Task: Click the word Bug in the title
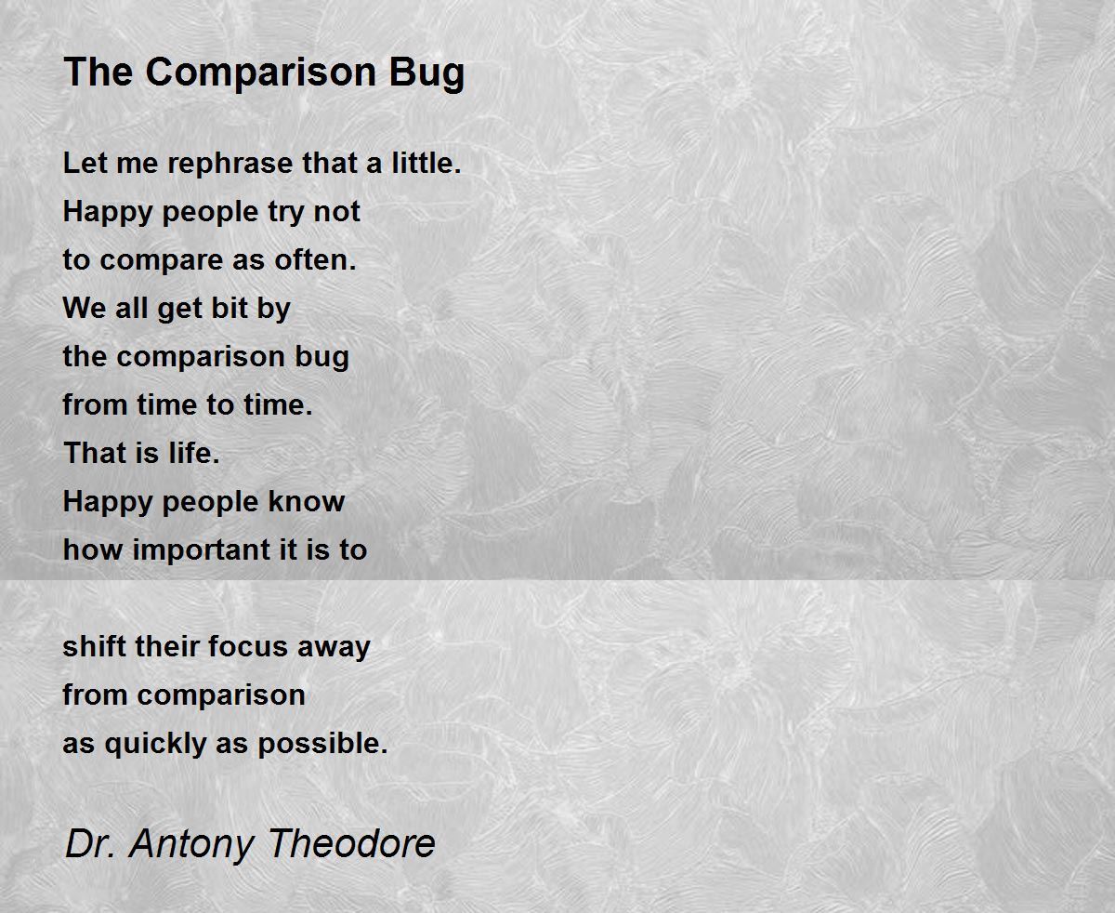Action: pos(426,73)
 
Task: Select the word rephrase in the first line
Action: pos(231,164)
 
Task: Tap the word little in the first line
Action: pos(426,163)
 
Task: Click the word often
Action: pos(315,259)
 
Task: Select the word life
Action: pos(194,453)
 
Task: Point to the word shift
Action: pos(95,646)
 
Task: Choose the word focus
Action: pos(248,646)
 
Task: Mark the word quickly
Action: pos(155,744)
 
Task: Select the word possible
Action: pos(322,743)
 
